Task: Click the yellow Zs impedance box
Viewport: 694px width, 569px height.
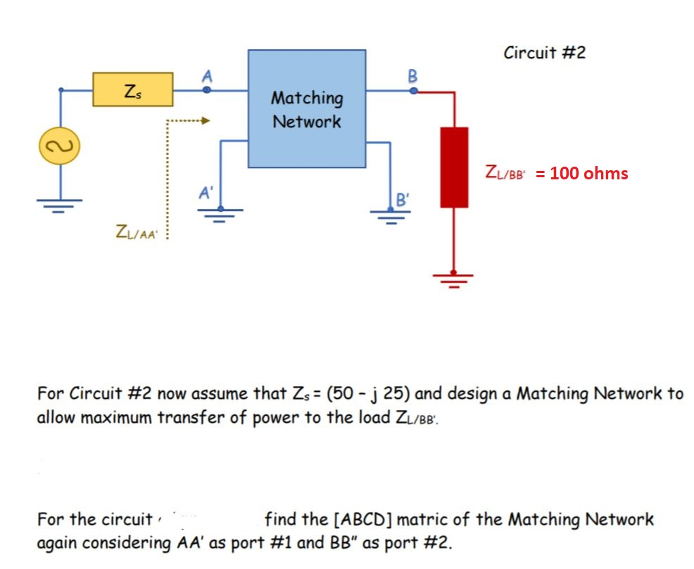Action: click(133, 89)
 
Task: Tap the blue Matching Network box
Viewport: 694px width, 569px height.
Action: click(306, 108)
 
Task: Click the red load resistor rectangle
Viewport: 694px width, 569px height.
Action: click(454, 167)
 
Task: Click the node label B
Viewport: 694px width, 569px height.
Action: click(412, 75)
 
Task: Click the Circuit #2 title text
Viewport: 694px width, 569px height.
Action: click(544, 53)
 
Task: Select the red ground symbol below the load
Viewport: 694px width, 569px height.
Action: click(453, 279)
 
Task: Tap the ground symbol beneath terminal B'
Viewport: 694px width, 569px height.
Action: click(391, 215)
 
